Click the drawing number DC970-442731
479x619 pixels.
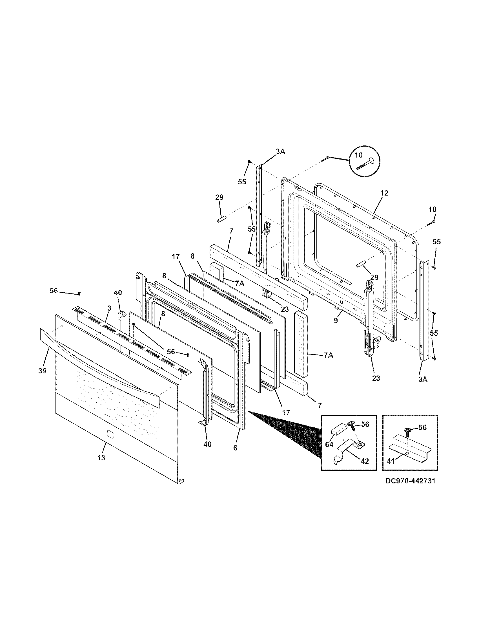click(410, 481)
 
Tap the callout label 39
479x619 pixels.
click(43, 371)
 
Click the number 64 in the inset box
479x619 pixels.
click(329, 445)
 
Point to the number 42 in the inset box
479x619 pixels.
click(364, 461)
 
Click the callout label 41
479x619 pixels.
click(391, 461)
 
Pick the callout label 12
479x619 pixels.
click(384, 193)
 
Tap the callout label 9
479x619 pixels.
click(336, 321)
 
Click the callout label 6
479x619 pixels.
click(235, 448)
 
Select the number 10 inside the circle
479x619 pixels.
click(359, 155)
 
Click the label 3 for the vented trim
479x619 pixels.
click(109, 308)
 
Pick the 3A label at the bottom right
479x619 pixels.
click(423, 379)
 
